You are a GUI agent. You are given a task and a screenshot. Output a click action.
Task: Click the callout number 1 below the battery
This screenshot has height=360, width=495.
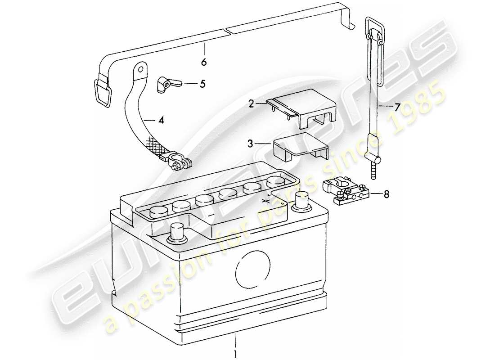coord(235,351)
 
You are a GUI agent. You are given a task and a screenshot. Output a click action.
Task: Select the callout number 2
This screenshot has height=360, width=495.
coord(251,104)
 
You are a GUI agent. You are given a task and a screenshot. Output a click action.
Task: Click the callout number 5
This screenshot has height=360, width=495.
coord(202,84)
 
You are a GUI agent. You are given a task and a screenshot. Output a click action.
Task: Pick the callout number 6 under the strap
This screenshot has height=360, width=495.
coord(204,62)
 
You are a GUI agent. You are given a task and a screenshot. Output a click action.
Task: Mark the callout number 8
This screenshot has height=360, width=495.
coord(387,194)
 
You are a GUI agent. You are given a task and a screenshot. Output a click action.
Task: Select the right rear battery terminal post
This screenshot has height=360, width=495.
coord(301,200)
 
